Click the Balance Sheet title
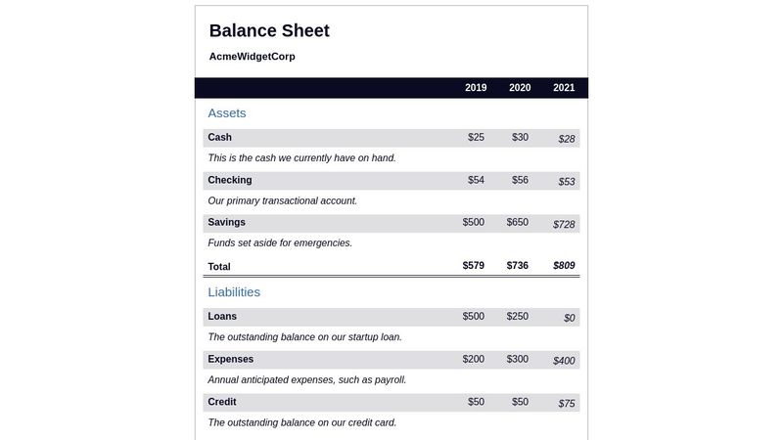point(269,30)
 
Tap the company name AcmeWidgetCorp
point(252,57)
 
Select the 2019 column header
point(476,88)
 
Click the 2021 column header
point(564,88)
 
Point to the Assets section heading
point(227,113)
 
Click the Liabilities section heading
point(234,292)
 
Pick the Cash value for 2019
point(476,138)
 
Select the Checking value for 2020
point(520,180)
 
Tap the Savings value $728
point(564,225)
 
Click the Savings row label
point(226,223)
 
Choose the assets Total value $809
point(564,266)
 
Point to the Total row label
point(219,267)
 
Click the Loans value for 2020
point(518,317)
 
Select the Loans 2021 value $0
point(570,319)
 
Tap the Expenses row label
point(230,360)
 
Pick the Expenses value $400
point(564,362)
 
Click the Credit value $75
point(567,404)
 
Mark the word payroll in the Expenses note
point(388,380)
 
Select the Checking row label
point(230,180)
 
